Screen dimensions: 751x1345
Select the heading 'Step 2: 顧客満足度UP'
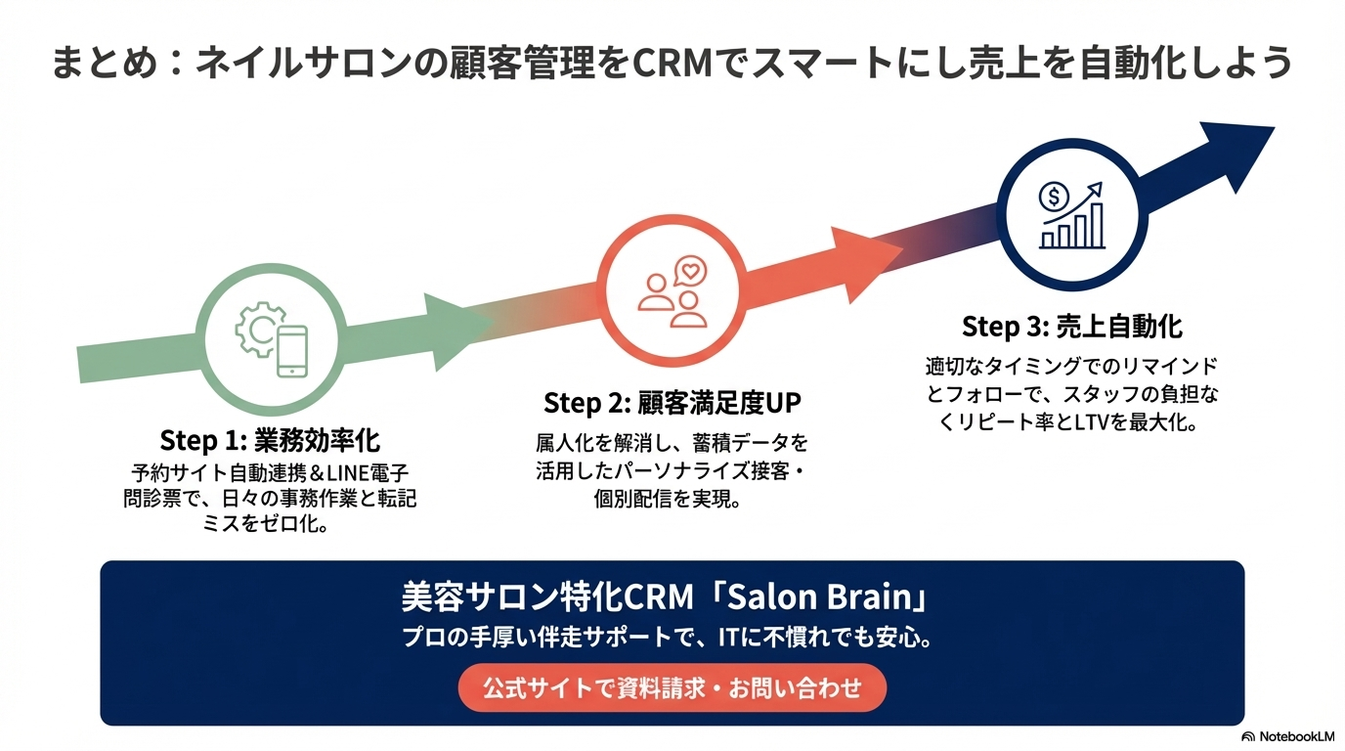[672, 403]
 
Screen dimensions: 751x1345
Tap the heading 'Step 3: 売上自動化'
[1072, 326]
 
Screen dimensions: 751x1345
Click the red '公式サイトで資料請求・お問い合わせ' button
[672, 687]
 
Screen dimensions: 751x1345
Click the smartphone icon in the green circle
[291, 351]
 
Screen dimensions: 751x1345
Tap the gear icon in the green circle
[257, 331]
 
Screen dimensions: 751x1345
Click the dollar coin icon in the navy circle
[1053, 198]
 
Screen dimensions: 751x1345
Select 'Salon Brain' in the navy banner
[827, 596]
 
